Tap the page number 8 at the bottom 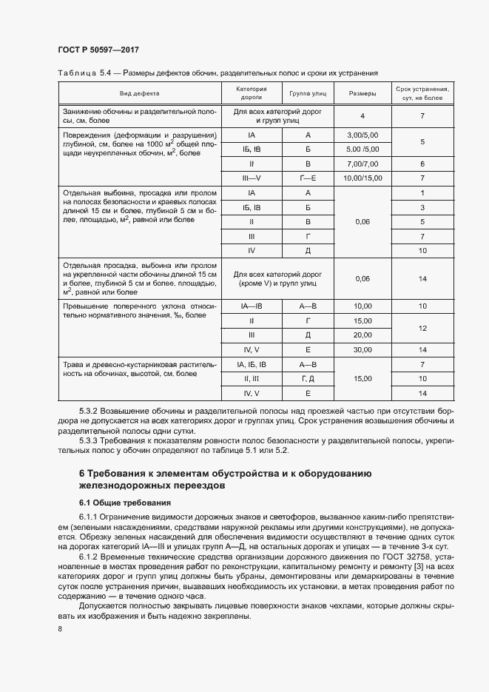point(59,629)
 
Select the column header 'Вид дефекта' point(140,94)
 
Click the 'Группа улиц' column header point(308,94)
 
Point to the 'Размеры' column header point(362,94)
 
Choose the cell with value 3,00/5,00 point(362,135)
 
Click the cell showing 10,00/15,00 point(362,178)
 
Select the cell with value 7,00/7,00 point(362,164)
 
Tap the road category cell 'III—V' point(252,178)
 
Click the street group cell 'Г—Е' point(308,178)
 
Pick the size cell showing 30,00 point(362,349)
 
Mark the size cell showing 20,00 point(362,335)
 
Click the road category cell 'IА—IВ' point(252,306)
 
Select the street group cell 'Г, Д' point(308,378)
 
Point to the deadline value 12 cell point(422,327)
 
